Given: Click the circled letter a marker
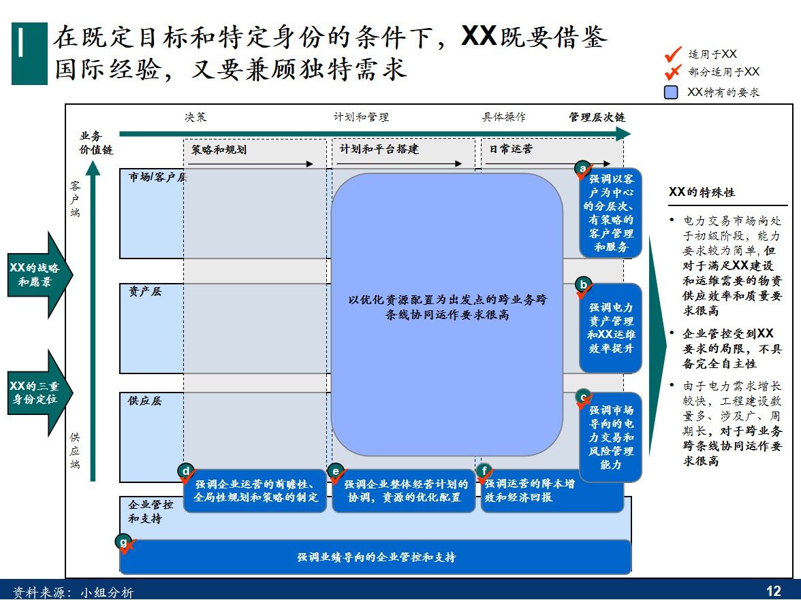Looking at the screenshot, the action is click(582, 167).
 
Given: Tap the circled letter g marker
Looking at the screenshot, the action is click(123, 541).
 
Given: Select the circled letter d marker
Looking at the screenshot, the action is click(185, 470).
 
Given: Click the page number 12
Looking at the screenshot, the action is click(774, 590).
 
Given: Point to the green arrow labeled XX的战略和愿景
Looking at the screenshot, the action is click(38, 274).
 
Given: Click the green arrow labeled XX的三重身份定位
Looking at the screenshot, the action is click(38, 393).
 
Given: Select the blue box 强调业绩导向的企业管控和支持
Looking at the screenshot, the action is click(376, 557).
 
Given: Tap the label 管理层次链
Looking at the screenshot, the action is click(597, 117).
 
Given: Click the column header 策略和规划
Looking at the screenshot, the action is click(219, 150).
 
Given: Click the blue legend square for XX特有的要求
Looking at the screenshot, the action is click(672, 92).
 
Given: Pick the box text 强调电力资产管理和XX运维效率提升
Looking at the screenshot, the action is click(611, 328).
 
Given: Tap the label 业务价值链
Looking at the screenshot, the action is click(96, 142).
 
